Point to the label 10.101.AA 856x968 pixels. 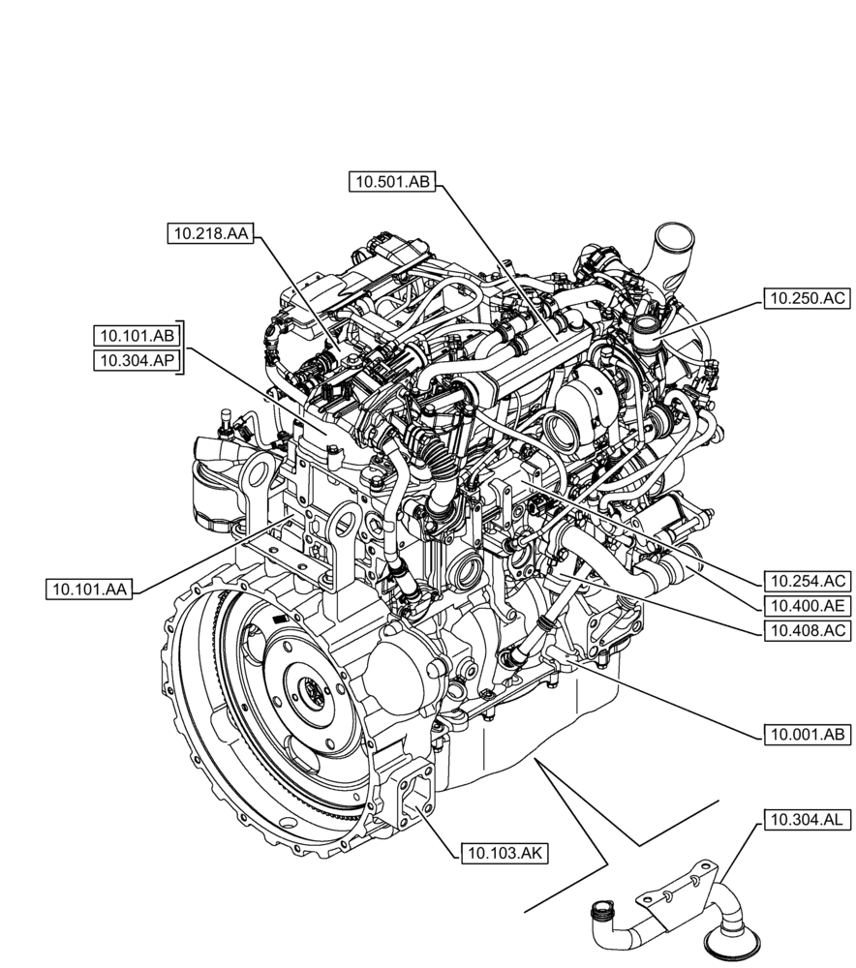point(90,588)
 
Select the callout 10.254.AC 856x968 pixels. point(807,582)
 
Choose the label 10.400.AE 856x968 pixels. point(807,606)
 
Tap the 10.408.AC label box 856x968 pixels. point(807,630)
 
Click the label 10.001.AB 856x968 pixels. point(807,735)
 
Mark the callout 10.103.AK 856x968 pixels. point(504,852)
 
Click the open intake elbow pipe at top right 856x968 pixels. point(673,237)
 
